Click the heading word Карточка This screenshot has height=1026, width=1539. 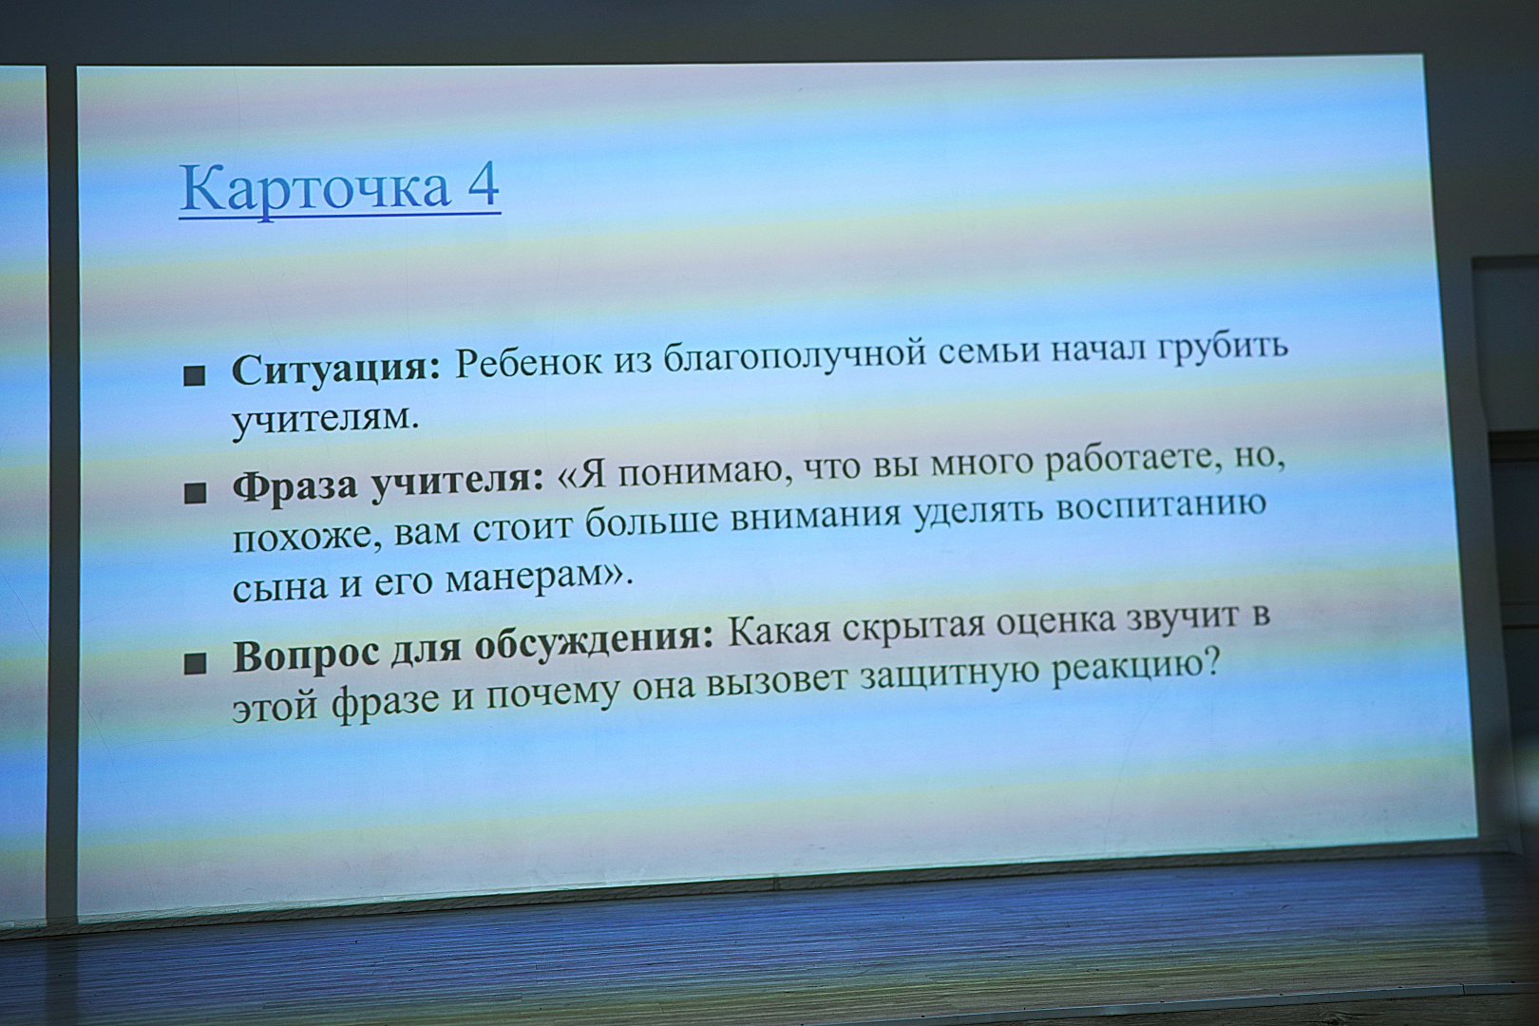[313, 188]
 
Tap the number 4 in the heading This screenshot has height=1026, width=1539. [483, 184]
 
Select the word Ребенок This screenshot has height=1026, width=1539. [528, 363]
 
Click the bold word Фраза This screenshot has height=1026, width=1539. [294, 487]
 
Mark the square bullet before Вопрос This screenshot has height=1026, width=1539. [195, 662]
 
